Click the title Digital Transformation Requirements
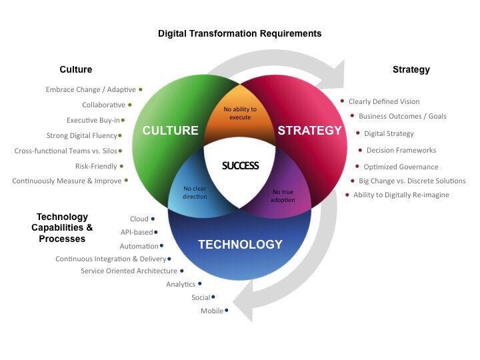[x=239, y=33]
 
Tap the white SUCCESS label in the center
[x=240, y=165]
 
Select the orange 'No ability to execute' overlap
[x=239, y=113]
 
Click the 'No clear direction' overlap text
[x=195, y=193]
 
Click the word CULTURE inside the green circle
[x=170, y=131]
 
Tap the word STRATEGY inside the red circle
[x=309, y=131]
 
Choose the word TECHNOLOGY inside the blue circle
[x=240, y=245]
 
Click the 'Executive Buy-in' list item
[x=93, y=121]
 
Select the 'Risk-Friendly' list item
[x=96, y=166]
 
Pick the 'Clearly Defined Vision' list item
[x=384, y=101]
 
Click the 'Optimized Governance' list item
[x=401, y=167]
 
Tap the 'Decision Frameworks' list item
[x=401, y=151]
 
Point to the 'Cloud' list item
[x=139, y=219]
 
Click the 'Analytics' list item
[x=181, y=285]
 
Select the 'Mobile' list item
[x=212, y=311]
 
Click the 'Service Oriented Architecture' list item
[x=129, y=271]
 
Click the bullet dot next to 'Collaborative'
[x=130, y=105]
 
